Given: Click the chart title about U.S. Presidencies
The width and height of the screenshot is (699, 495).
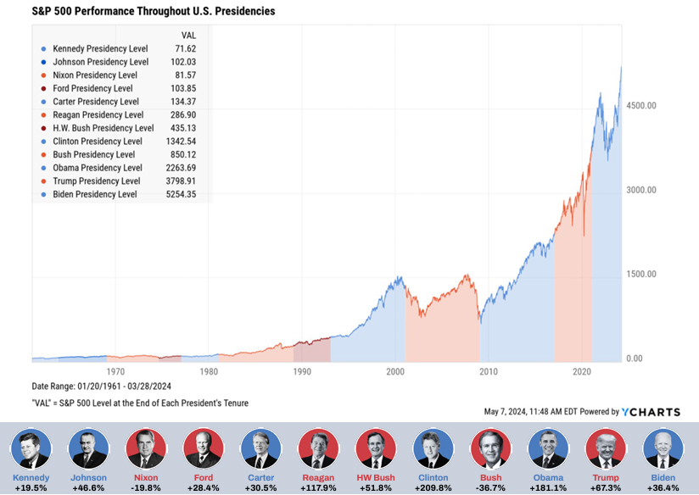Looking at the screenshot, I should tap(141, 12).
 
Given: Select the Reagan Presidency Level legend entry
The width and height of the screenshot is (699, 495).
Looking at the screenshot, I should tap(96, 114).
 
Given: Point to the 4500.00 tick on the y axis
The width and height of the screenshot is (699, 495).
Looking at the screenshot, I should tap(640, 106).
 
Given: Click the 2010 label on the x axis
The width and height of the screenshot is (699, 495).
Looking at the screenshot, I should tap(489, 371).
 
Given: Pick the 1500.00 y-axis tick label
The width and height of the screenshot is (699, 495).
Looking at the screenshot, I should tap(640, 275).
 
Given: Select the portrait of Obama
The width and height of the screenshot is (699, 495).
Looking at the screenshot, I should tap(548, 448).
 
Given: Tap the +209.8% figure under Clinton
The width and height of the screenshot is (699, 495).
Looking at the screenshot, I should tap(433, 488).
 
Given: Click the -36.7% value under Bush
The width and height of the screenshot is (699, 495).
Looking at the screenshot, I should tap(490, 488).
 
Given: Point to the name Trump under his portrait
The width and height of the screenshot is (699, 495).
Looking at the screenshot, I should tap(606, 478).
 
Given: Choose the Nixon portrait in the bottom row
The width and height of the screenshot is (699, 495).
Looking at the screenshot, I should tap(146, 448).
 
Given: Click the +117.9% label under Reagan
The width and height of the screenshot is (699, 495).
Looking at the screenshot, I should tap(318, 488).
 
